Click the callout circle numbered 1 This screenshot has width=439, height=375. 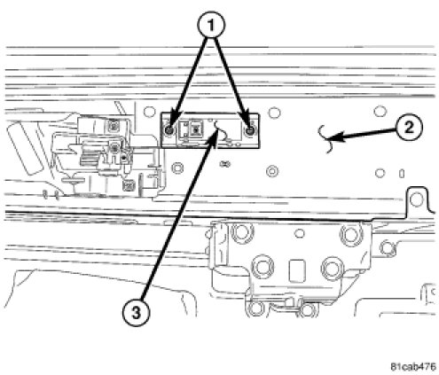tap(210, 26)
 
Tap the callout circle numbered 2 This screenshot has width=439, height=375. tap(409, 128)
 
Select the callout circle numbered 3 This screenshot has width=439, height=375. tap(136, 313)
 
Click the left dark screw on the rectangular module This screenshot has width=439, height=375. tap(169, 130)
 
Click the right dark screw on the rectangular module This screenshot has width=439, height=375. tap(250, 130)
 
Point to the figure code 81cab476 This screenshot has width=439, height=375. tap(413, 367)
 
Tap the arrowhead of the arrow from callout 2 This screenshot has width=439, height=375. tap(336, 137)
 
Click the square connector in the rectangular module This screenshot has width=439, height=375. tap(195, 129)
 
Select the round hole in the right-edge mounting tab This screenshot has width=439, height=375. tap(416, 199)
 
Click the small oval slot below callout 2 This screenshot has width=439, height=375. tap(402, 174)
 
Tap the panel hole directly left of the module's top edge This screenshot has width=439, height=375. tap(149, 112)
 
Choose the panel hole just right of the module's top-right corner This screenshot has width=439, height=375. tap(274, 113)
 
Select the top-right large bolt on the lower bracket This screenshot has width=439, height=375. tap(352, 233)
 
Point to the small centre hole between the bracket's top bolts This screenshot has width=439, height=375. tap(300, 233)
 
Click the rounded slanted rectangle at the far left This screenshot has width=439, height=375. tap(25, 149)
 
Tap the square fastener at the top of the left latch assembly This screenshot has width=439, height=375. tap(113, 126)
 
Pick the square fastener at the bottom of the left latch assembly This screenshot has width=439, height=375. tap(128, 185)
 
